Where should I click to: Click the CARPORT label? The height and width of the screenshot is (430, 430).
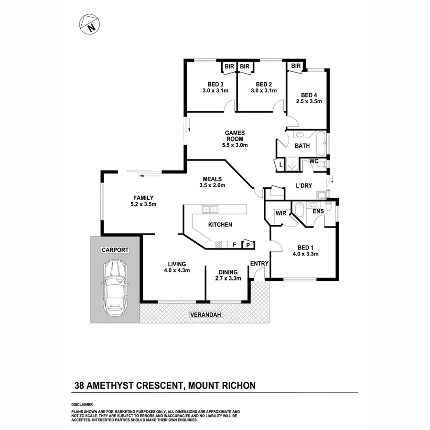[x=115, y=249]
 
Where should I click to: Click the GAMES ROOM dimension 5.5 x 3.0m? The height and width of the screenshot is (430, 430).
[x=235, y=145]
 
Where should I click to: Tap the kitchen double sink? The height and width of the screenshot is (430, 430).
[x=209, y=209]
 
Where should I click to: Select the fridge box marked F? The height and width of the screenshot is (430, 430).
[x=234, y=245]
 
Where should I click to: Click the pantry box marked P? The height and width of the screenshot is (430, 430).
[x=248, y=245]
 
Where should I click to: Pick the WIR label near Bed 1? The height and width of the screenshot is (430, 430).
[x=280, y=214]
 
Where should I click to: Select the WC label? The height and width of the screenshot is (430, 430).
[x=313, y=161]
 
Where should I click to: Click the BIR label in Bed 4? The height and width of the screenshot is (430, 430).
[x=295, y=66]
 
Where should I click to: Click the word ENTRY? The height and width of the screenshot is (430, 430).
[x=259, y=263]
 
